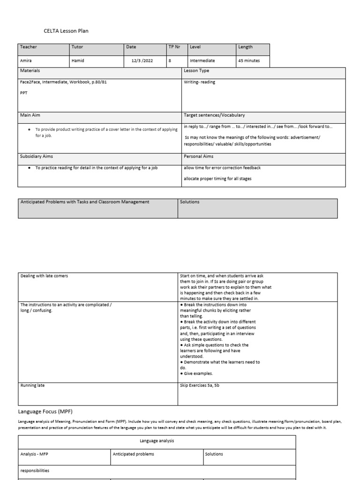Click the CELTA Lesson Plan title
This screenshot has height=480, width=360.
[x=66, y=31]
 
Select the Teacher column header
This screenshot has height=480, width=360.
[x=28, y=47]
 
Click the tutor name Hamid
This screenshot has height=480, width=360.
[x=77, y=60]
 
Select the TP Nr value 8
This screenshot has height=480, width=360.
[x=170, y=60]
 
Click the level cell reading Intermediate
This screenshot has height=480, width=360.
[x=202, y=60]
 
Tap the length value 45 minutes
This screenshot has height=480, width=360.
[x=248, y=60]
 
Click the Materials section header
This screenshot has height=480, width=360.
[x=30, y=70]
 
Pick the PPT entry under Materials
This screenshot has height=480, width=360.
[x=24, y=93]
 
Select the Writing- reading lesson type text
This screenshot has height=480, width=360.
[x=200, y=82]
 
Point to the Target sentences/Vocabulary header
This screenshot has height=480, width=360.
[x=214, y=115]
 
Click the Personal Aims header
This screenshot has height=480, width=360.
[x=199, y=157]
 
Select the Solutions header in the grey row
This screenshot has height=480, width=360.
[x=190, y=202]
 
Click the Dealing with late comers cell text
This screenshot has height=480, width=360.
[x=44, y=276]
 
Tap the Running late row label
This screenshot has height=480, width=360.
[x=33, y=385]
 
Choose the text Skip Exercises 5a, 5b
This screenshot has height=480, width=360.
[x=203, y=385]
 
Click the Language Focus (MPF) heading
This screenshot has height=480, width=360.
[x=45, y=411]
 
